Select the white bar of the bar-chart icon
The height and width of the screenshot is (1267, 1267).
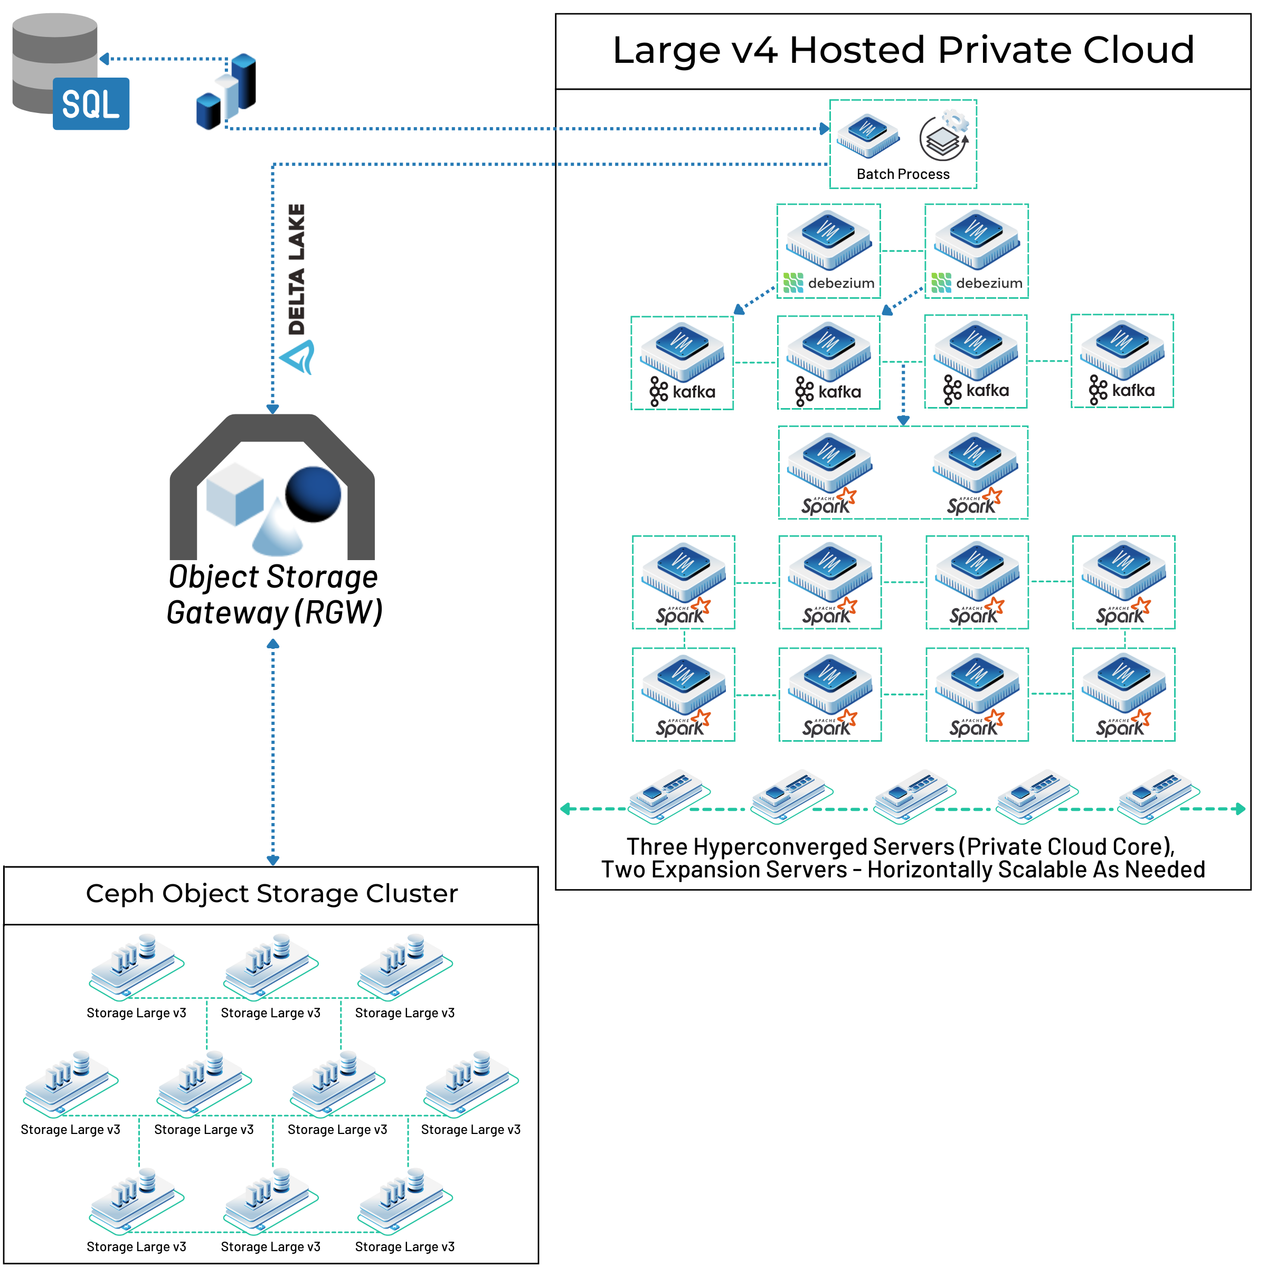click(x=227, y=97)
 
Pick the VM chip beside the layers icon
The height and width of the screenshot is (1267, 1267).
click(x=867, y=135)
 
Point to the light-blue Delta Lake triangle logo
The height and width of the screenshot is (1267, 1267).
click(x=298, y=357)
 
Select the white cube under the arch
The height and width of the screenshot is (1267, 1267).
click(x=234, y=494)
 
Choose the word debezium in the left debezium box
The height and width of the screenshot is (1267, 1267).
click(x=841, y=283)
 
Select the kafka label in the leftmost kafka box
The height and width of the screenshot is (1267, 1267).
click(x=693, y=392)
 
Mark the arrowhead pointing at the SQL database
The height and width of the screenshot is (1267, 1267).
click(x=103, y=59)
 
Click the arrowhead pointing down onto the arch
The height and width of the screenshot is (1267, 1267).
click(x=273, y=409)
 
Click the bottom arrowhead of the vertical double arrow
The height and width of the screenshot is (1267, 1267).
click(x=273, y=861)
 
